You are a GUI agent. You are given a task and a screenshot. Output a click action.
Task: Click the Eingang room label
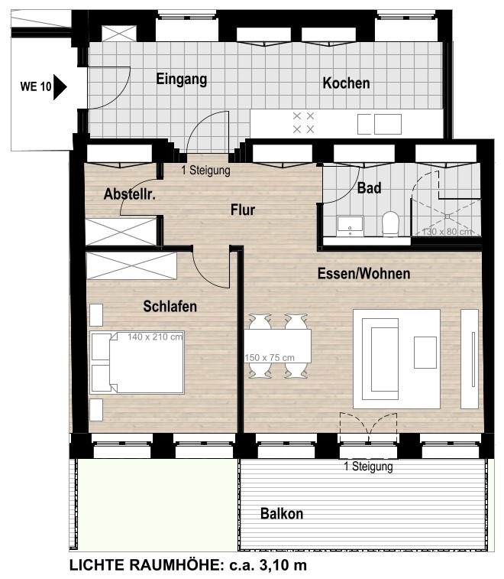[182, 79]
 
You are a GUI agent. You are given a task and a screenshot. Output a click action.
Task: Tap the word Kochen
[346, 83]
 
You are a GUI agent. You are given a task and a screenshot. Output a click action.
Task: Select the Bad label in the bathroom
[369, 188]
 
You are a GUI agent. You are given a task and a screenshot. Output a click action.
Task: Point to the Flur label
[243, 210]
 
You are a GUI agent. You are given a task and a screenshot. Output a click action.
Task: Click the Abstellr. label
[129, 194]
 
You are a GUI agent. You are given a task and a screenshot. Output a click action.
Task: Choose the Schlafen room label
[170, 306]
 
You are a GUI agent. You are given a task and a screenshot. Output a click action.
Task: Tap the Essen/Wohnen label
[364, 274]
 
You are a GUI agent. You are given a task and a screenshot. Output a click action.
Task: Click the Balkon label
[282, 514]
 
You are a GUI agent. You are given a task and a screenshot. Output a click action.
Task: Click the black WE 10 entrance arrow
[60, 87]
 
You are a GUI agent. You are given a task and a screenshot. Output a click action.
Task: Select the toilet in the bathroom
[390, 223]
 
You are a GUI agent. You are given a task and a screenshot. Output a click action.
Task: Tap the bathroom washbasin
[350, 226]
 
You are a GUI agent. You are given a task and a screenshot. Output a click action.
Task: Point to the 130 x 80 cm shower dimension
[447, 232]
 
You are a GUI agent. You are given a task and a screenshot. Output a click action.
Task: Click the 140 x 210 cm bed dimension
[155, 337]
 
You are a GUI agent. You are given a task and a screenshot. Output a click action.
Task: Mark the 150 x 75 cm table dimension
[270, 357]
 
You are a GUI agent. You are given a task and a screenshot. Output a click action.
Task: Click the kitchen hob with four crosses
[303, 122]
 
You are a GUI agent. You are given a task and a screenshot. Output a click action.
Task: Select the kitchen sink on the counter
[380, 125]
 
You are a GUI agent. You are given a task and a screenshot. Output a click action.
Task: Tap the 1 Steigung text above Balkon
[368, 467]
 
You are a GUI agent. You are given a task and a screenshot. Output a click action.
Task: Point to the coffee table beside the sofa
[425, 353]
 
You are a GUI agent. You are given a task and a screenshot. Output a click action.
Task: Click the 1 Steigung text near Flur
[205, 171]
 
